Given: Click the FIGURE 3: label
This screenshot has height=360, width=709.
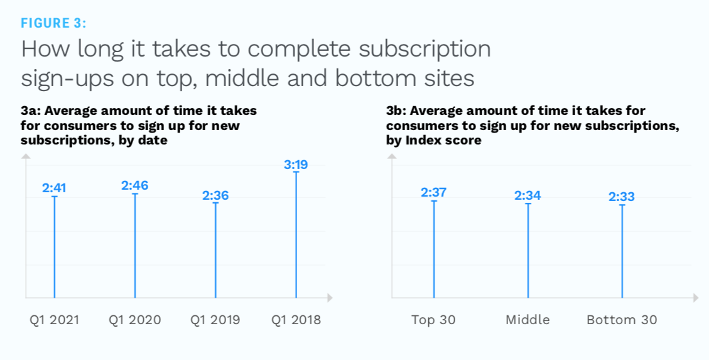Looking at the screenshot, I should point(54,23).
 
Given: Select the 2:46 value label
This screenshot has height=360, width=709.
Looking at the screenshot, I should point(134,185).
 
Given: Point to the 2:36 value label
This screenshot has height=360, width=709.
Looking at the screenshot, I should point(215,195).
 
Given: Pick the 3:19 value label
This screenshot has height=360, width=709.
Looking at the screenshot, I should point(296,165).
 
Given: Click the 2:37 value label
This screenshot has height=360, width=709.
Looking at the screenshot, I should point(434,192).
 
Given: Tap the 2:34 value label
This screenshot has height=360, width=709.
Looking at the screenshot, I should point(528,195).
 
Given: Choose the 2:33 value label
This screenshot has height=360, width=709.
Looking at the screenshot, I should point(622,197).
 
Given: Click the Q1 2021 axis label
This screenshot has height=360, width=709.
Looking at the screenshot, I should point(54,320).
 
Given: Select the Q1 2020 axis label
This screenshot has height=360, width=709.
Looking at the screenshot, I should point(134,320).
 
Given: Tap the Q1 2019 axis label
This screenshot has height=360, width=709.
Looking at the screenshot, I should point(215,320).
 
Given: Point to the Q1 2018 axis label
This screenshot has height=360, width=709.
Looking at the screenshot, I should point(296,320).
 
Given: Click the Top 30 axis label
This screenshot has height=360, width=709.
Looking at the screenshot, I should point(434,320).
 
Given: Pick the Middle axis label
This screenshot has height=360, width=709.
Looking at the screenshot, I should point(528,320).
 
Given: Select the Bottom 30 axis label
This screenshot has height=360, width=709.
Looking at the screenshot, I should point(622,320).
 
